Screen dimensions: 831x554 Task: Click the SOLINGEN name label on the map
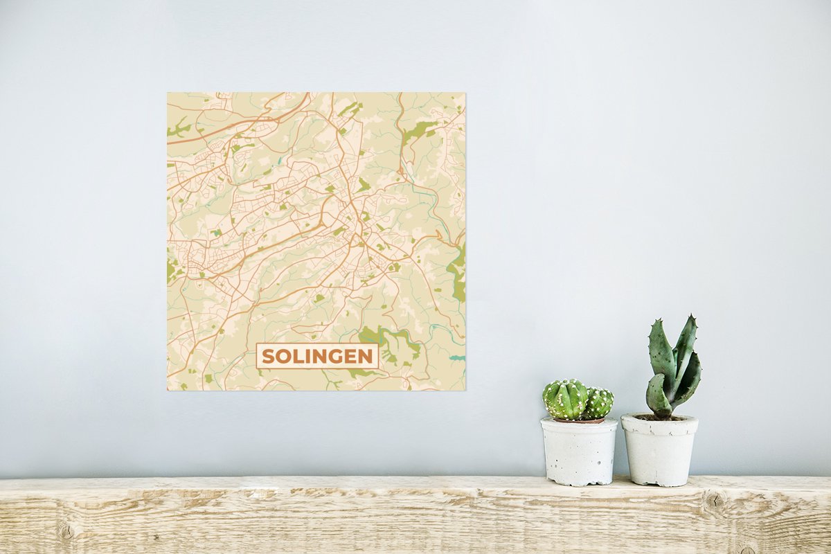tap(317, 356)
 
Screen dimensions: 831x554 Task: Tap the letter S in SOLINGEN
tap(269, 357)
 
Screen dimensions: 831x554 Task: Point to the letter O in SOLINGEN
tap(284, 357)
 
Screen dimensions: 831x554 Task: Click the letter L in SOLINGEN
tap(298, 357)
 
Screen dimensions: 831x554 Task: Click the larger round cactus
tap(565, 400)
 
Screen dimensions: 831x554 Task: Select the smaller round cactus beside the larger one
tap(600, 402)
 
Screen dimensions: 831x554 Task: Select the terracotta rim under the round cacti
tap(578, 420)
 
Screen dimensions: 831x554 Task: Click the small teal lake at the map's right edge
tap(456, 358)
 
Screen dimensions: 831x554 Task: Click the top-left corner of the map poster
tap(168, 93)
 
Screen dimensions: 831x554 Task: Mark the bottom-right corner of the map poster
tap(465, 390)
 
